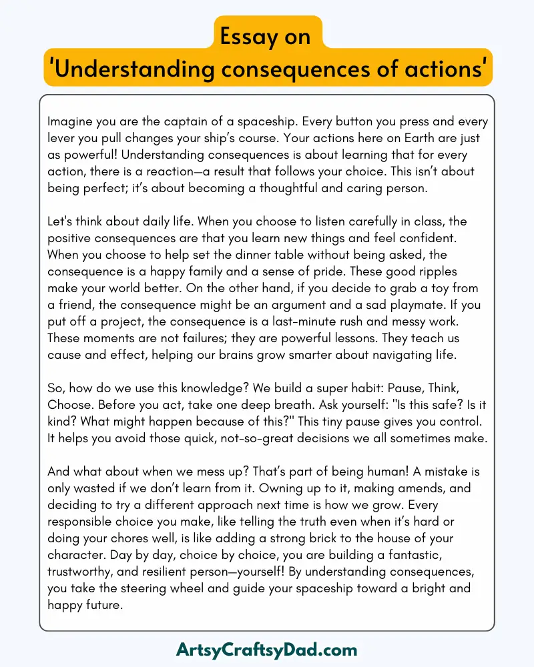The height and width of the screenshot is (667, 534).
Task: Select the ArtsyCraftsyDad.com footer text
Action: point(267,649)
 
